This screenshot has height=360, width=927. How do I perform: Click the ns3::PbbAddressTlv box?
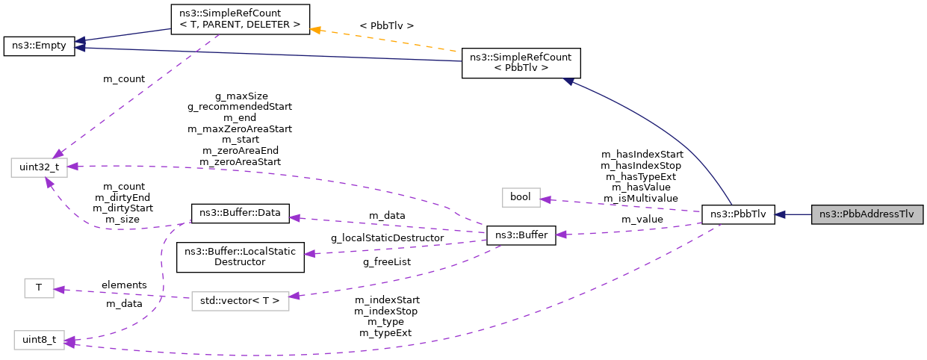click(866, 214)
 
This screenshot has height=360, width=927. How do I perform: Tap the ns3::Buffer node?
click(521, 235)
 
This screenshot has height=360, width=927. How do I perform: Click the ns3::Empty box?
click(39, 46)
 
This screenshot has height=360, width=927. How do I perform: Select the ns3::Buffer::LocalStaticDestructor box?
click(241, 257)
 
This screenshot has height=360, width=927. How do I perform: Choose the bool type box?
click(520, 198)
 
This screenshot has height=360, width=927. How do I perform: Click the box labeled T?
click(39, 288)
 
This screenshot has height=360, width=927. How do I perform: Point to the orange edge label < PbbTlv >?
click(386, 26)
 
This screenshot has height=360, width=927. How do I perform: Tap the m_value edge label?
click(642, 219)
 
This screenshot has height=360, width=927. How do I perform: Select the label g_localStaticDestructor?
click(387, 238)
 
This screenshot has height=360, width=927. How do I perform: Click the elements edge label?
click(123, 285)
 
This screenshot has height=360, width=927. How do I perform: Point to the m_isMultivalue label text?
click(641, 198)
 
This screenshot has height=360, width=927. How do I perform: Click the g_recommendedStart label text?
click(240, 107)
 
